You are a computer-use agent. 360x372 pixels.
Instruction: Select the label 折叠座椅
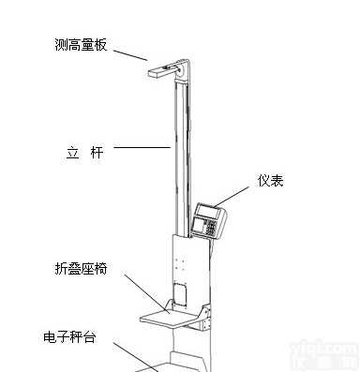point(82,269)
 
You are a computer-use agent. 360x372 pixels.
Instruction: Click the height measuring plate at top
point(160,68)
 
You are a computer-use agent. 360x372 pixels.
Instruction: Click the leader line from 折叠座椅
point(141,290)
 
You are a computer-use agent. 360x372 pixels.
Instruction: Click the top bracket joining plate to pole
point(183,67)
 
